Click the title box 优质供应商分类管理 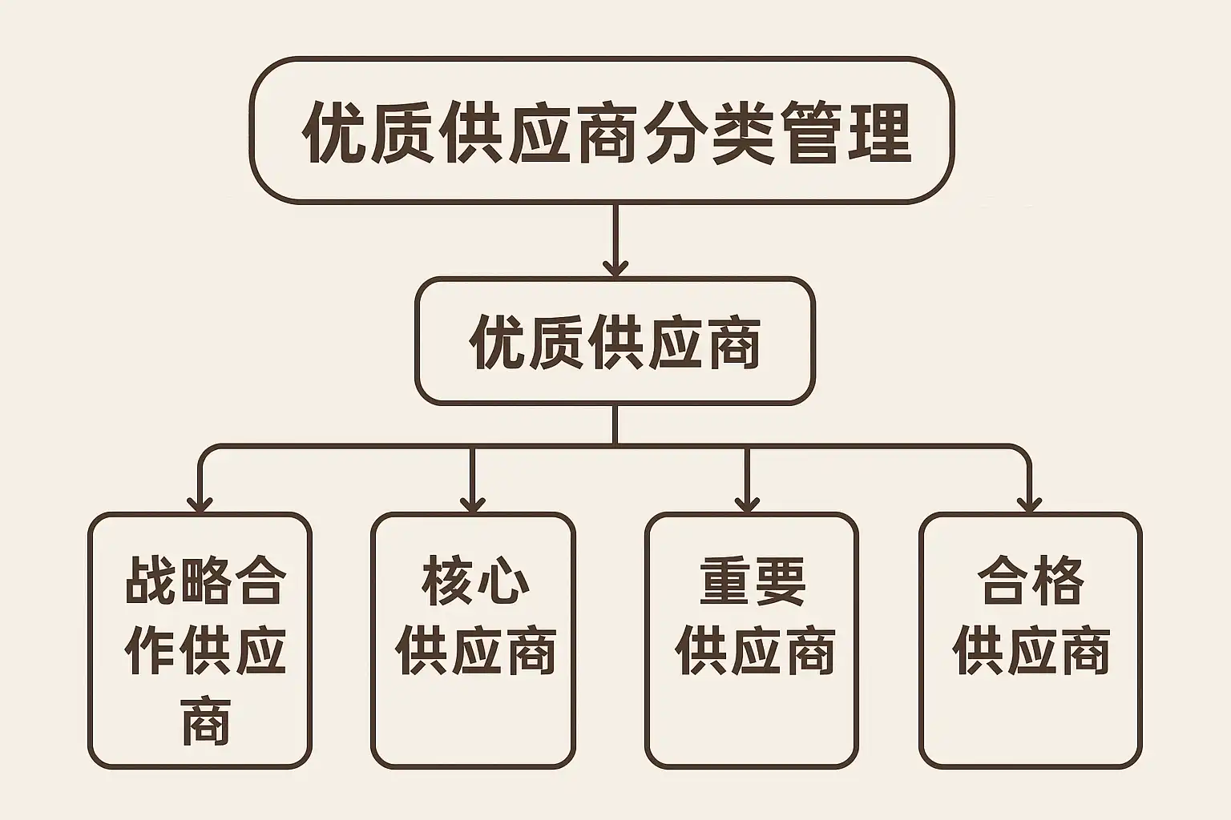point(601,131)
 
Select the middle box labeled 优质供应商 point(615,342)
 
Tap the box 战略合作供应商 point(200,641)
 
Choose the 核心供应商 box point(473,641)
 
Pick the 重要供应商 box point(751,641)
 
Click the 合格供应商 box point(1030,641)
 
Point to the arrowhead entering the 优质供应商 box point(615,267)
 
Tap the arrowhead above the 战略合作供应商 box point(200,504)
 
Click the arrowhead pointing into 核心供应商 point(473,504)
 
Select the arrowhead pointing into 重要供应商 point(747,504)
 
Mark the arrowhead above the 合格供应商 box point(1029,504)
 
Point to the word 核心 point(475,582)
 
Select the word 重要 point(753,582)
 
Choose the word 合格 point(1031,582)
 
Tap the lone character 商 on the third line point(205,720)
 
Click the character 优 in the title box point(335,132)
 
